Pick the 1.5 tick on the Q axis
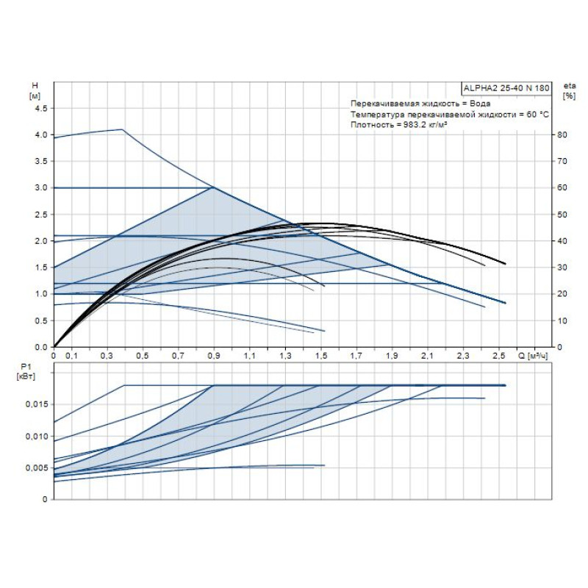click(x=320, y=356)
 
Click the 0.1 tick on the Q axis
click(x=71, y=356)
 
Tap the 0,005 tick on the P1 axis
click(x=38, y=468)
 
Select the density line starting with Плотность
click(x=400, y=126)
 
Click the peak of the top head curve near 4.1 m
click(x=122, y=129)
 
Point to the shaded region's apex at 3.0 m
click(x=213, y=187)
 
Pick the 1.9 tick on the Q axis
click(x=392, y=356)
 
